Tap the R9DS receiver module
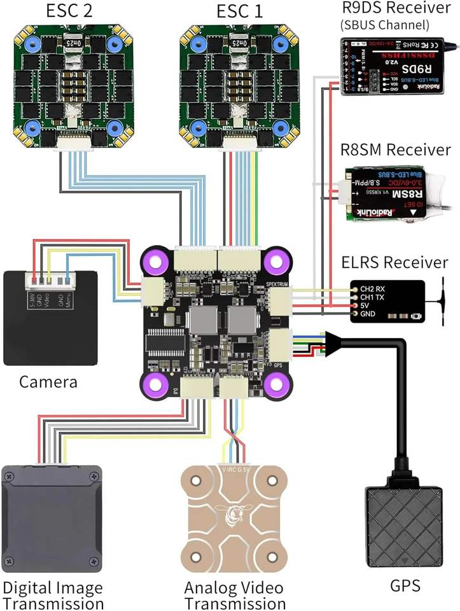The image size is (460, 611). (x=391, y=67)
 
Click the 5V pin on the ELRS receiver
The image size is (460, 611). (x=366, y=305)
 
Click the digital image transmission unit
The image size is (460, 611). (x=52, y=518)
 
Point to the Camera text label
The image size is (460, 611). (x=48, y=382)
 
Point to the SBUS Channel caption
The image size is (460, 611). (x=385, y=25)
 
